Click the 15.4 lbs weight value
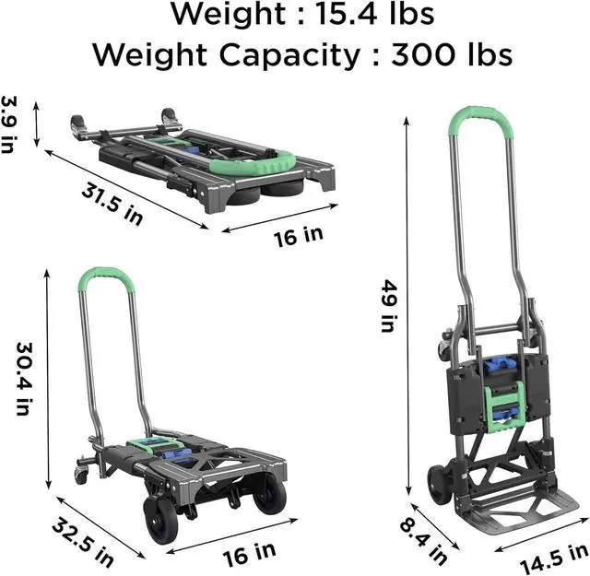point(374,14)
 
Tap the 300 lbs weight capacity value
point(452,54)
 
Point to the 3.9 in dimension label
point(9,124)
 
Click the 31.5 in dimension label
point(112,204)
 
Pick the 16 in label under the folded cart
point(299,237)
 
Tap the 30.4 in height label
point(24,378)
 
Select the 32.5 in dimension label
point(82,541)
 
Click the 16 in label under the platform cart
point(249,554)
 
